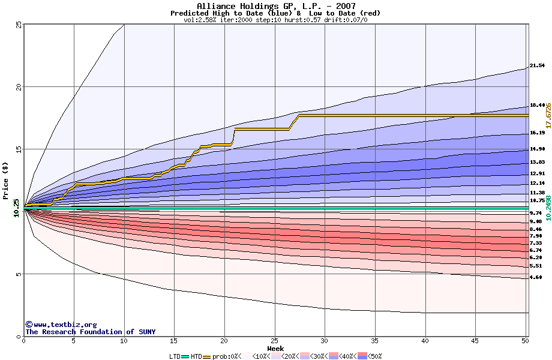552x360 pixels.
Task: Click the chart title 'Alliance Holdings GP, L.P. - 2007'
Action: pos(275,6)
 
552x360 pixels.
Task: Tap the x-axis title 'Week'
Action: pos(275,348)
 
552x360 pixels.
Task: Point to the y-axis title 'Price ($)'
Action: pos(5,181)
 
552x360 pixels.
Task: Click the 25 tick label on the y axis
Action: pos(19,25)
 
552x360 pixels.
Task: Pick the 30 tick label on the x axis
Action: pos(325,341)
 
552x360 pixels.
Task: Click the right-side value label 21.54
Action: pos(537,65)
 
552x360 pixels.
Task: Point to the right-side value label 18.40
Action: pos(537,105)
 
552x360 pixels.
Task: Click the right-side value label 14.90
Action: pos(537,149)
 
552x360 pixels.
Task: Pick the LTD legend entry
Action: pos(175,356)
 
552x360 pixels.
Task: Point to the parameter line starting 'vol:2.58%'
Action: pos(275,20)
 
